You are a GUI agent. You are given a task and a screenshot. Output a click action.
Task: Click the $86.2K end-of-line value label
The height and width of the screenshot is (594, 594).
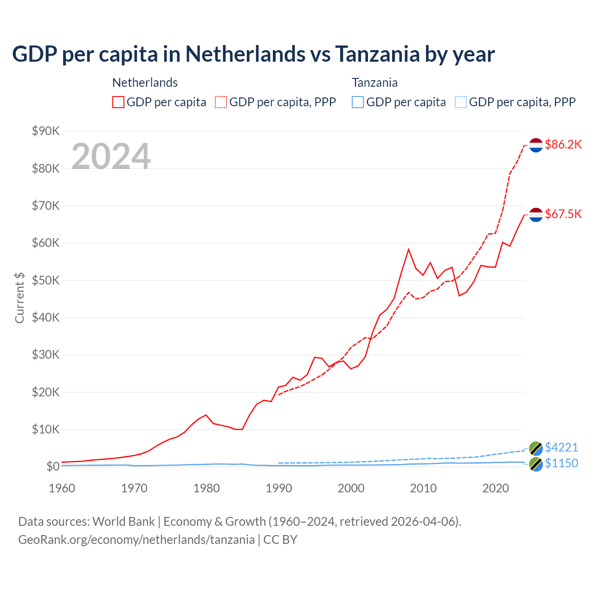pyautogui.click(x=563, y=144)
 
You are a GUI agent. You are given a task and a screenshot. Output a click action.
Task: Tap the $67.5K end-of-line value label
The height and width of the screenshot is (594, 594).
pyautogui.click(x=563, y=214)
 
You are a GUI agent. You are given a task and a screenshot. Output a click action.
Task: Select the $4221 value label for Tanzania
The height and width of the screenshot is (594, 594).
pyautogui.click(x=561, y=447)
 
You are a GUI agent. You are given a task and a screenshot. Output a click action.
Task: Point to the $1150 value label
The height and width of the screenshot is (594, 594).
pyautogui.click(x=561, y=463)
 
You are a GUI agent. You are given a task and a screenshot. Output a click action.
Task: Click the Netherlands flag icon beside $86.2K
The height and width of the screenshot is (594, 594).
pyautogui.click(x=536, y=145)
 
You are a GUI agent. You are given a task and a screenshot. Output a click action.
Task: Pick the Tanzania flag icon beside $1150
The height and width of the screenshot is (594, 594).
pyautogui.click(x=536, y=464)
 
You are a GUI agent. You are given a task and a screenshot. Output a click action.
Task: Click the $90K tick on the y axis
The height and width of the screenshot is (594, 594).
pyautogui.click(x=46, y=131)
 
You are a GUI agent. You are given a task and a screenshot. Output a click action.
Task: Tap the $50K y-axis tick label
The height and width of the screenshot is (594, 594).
pyautogui.click(x=46, y=280)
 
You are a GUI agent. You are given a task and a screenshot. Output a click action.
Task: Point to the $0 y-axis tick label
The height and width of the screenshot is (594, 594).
pyautogui.click(x=53, y=466)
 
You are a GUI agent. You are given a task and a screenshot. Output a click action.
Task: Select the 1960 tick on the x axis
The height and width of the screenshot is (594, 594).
pyautogui.click(x=62, y=488)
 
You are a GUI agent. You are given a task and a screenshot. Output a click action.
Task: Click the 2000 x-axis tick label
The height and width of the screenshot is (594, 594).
pyautogui.click(x=351, y=488)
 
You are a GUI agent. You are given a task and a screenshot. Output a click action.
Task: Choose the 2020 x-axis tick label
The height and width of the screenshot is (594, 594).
pyautogui.click(x=496, y=488)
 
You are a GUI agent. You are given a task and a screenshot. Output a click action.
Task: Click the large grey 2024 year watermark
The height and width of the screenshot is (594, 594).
pyautogui.click(x=111, y=156)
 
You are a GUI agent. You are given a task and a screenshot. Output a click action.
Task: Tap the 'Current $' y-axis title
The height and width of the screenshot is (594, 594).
pyautogui.click(x=19, y=297)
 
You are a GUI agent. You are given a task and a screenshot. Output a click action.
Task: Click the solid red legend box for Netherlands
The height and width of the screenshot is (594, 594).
pyautogui.click(x=118, y=102)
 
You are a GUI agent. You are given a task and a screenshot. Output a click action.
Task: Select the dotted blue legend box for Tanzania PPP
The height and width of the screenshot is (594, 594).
pyautogui.click(x=461, y=102)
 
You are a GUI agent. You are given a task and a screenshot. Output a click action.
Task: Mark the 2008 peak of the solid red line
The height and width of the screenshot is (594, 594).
pyautogui.click(x=408, y=249)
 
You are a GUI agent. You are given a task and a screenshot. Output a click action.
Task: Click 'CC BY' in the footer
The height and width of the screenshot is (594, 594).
pyautogui.click(x=280, y=540)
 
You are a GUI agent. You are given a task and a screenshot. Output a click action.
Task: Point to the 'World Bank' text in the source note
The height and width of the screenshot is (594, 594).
pyautogui.click(x=123, y=522)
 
